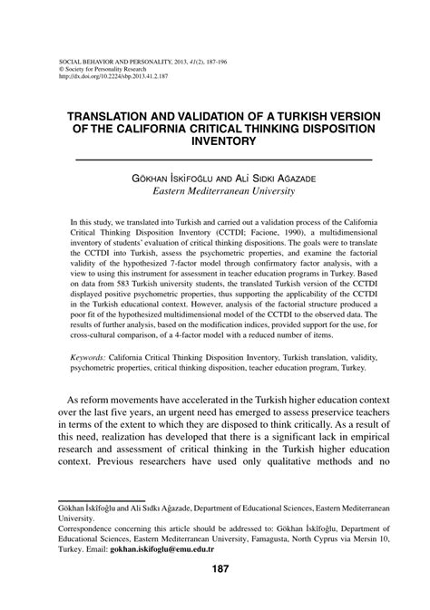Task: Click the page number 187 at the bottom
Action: click(x=215, y=568)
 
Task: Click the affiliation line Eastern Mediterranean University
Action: click(x=215, y=191)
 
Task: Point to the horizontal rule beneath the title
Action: click(x=215, y=160)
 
